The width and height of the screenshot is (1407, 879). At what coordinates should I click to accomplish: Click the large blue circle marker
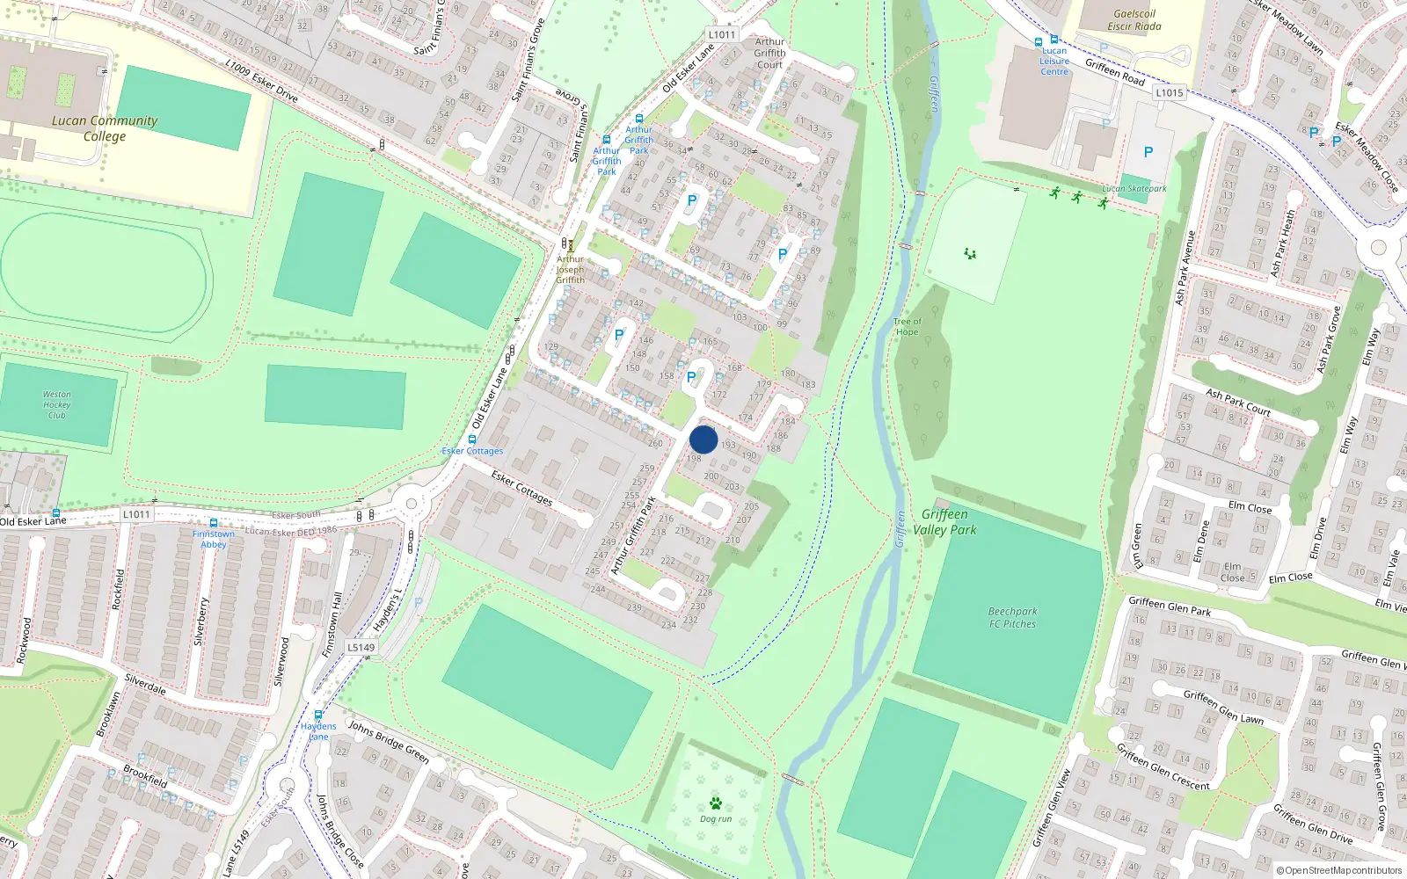coord(703,439)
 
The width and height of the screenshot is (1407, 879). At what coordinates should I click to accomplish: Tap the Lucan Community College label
coord(105,128)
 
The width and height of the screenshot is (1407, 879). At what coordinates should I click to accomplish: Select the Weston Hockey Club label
coord(57,404)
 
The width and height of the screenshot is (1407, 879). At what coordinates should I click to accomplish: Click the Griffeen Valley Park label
coord(944,522)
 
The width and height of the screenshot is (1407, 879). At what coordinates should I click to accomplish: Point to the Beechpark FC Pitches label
coord(1012,618)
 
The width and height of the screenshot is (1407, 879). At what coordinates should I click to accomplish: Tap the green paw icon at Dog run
coord(716,803)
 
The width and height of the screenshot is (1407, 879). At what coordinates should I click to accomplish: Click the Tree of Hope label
coord(907,327)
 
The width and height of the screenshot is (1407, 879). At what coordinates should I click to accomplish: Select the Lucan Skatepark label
coord(1134,189)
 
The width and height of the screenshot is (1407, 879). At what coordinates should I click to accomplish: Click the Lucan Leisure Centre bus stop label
coord(1054,61)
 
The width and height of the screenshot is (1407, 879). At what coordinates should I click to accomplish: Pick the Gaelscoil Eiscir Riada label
coord(1134,20)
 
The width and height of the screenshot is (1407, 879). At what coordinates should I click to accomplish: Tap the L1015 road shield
coord(1170,92)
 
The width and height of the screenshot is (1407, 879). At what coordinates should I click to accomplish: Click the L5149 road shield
coord(361,647)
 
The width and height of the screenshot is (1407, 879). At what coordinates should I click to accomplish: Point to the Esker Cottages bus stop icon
coord(472,439)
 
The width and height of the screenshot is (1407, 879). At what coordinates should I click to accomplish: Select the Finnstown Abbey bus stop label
coord(214,539)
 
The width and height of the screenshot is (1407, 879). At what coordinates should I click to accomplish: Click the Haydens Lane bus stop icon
coord(318,715)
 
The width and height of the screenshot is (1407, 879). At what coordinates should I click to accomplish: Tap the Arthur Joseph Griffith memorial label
coord(570,269)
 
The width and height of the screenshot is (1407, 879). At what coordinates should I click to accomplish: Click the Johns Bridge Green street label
coord(389,742)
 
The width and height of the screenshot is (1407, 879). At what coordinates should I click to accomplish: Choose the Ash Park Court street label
coord(1238,402)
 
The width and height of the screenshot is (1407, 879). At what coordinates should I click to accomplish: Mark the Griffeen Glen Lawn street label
coord(1223,707)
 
